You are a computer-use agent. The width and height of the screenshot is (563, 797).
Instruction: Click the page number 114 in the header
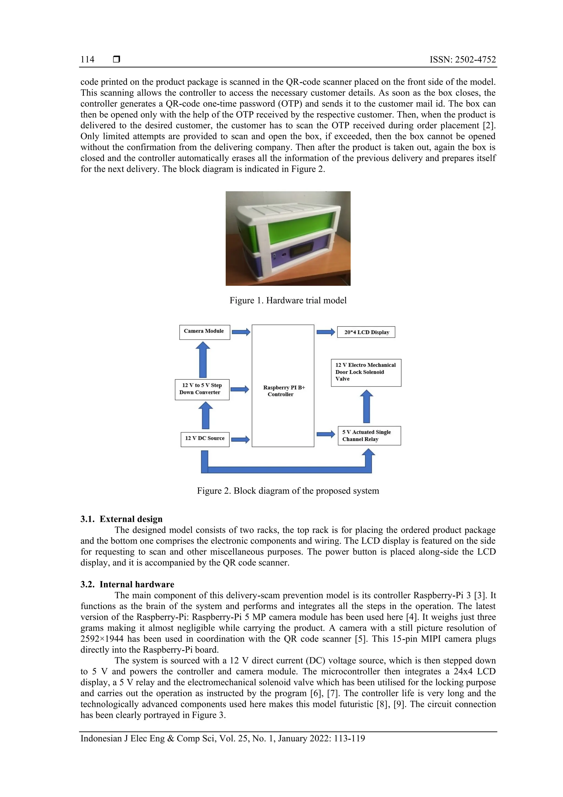click(87, 59)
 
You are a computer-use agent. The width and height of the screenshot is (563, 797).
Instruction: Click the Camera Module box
click(204, 332)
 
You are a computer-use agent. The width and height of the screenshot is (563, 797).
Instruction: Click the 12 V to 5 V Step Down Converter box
click(202, 389)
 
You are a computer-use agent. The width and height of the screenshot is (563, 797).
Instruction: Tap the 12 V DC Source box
click(205, 439)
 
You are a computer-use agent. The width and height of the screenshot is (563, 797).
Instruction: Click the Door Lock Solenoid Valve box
click(366, 372)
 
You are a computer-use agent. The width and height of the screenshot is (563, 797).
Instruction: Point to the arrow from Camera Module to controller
click(241, 332)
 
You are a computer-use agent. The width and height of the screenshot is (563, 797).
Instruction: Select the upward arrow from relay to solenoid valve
click(366, 406)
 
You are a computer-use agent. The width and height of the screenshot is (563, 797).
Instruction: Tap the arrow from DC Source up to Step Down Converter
click(205, 415)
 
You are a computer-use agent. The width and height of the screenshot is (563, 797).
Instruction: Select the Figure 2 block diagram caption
click(288, 491)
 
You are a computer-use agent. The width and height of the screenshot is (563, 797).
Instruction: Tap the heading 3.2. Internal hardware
click(127, 584)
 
